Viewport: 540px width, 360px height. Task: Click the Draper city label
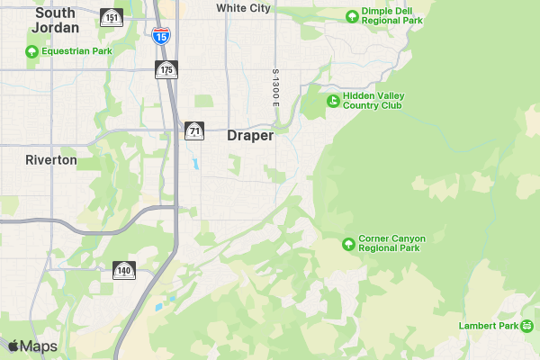click(x=250, y=136)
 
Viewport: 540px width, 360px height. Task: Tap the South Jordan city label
click(x=55, y=21)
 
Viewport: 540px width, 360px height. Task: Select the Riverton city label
click(x=51, y=160)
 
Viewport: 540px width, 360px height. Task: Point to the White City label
click(x=243, y=8)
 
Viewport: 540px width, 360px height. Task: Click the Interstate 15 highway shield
click(x=160, y=36)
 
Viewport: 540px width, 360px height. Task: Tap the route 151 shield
click(x=112, y=18)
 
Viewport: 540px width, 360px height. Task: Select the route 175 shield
click(x=166, y=70)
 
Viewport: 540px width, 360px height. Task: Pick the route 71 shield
click(x=194, y=131)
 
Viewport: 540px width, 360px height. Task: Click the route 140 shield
click(x=124, y=269)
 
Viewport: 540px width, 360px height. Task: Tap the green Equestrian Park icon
click(x=32, y=51)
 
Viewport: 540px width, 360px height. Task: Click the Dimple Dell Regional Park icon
click(x=352, y=15)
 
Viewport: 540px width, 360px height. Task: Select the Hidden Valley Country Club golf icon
click(x=333, y=100)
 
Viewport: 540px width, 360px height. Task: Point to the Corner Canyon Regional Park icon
click(x=348, y=244)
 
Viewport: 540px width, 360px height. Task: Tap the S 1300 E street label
click(x=276, y=88)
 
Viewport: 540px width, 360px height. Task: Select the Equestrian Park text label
click(x=76, y=51)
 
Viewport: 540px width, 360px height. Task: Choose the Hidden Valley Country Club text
click(x=372, y=100)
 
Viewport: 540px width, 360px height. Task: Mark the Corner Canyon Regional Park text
click(x=391, y=243)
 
